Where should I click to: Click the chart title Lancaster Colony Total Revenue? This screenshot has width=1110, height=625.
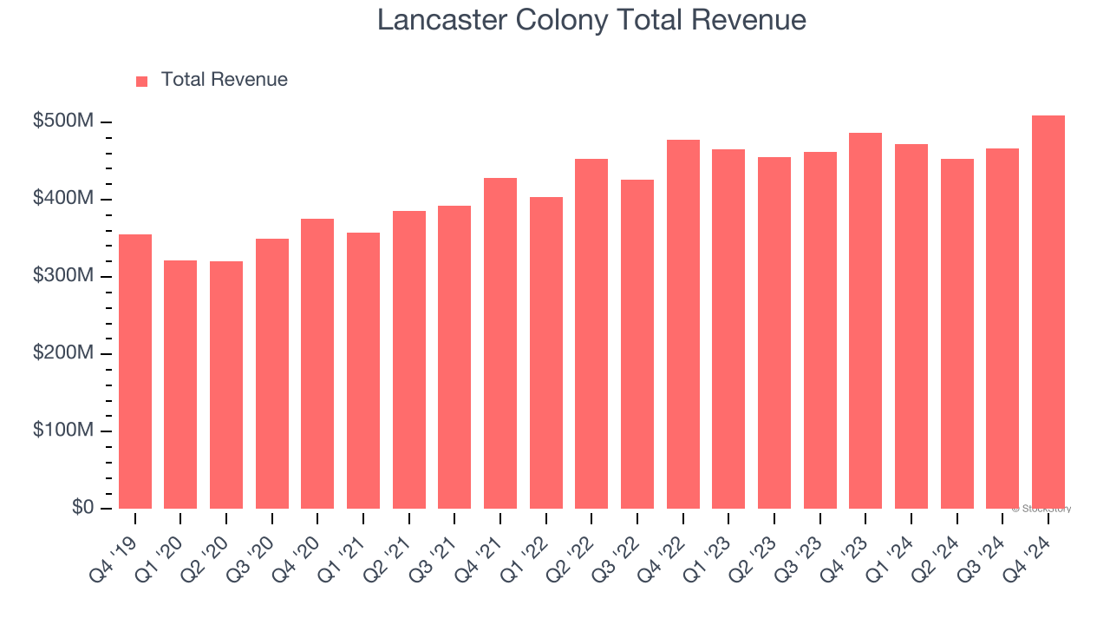tap(591, 20)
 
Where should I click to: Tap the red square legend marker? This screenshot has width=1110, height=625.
tap(142, 81)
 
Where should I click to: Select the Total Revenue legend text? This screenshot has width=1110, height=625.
tap(224, 80)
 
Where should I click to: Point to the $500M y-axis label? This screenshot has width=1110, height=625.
tap(62, 122)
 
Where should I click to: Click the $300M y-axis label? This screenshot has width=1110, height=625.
tap(62, 276)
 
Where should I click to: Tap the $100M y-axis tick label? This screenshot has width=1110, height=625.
tap(62, 431)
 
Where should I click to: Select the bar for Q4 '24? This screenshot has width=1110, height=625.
tap(1048, 312)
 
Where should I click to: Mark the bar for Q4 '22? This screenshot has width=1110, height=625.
tap(682, 324)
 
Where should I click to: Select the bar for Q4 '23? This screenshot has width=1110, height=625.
tap(865, 320)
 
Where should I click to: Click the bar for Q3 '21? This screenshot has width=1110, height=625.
tap(454, 357)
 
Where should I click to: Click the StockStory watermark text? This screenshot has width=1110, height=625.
tap(1041, 509)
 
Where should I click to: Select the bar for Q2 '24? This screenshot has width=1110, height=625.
tap(957, 333)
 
